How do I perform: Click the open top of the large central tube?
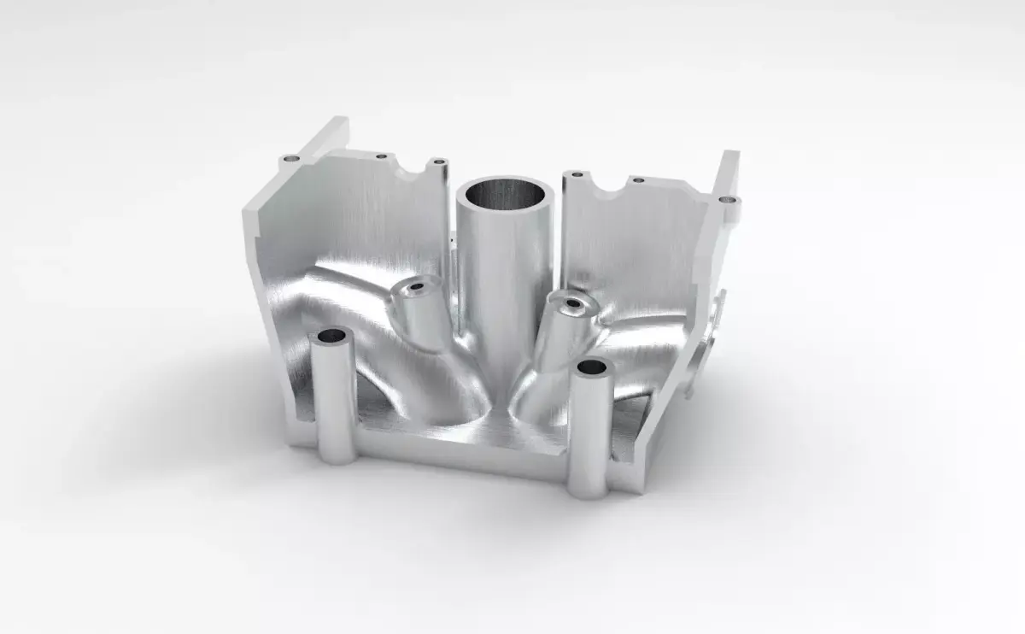(x=504, y=194)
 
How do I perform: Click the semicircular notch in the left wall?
(x=415, y=173)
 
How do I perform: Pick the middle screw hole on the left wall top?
(x=381, y=156)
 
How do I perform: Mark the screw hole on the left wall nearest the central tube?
(x=438, y=161)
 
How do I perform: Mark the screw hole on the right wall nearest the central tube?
(x=577, y=174)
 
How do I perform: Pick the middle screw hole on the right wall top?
(x=637, y=180)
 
